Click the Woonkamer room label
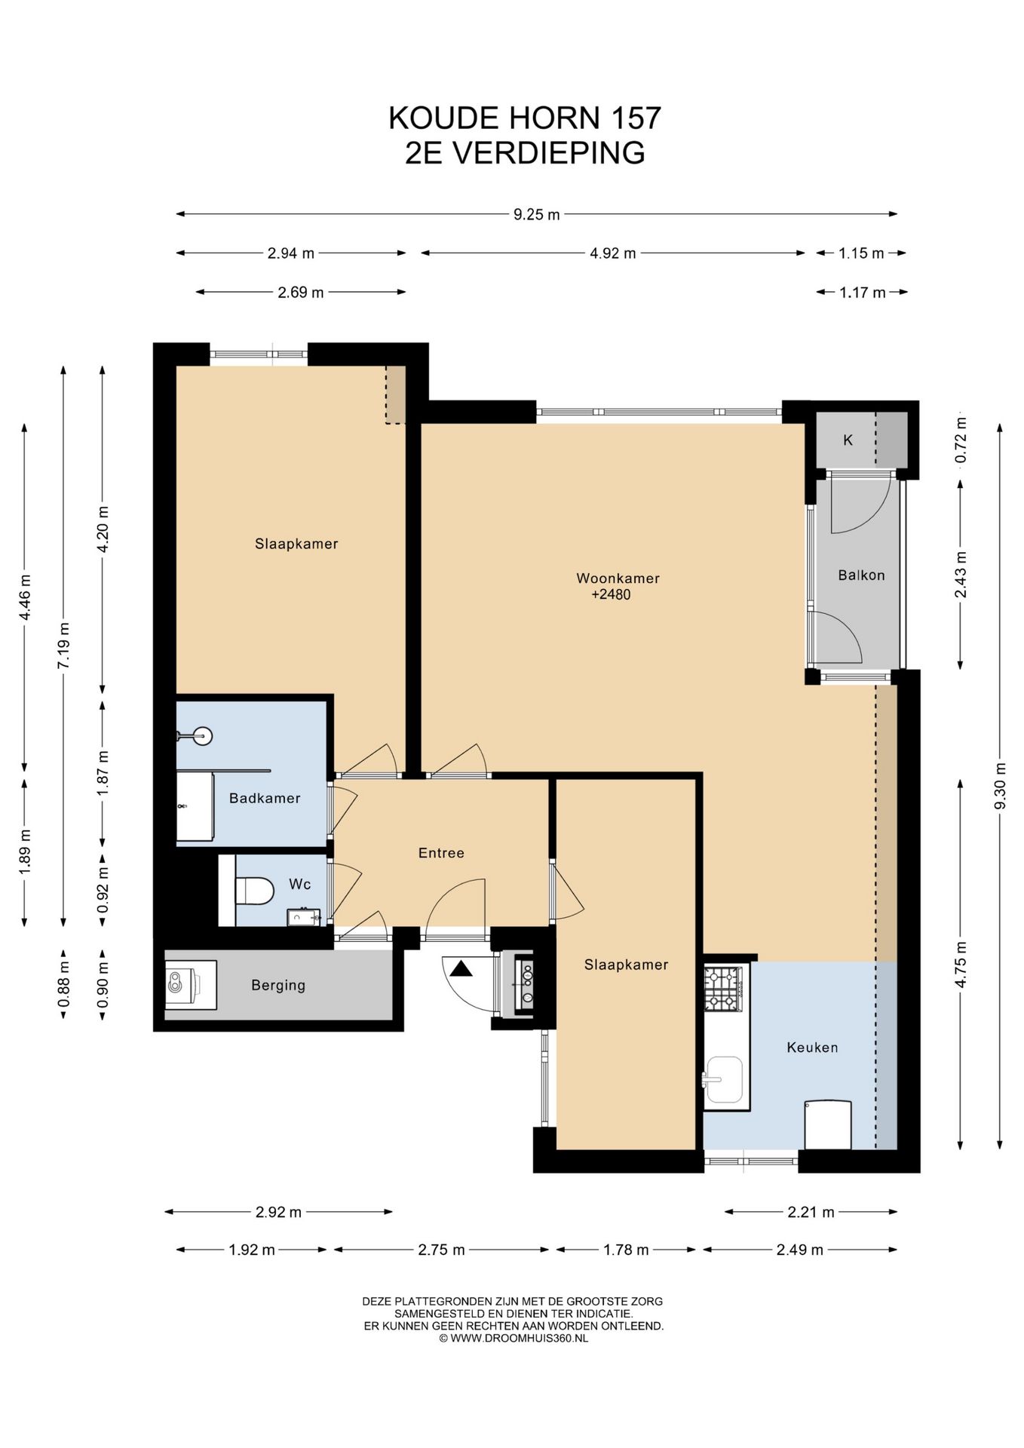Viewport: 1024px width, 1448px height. pyautogui.click(x=618, y=578)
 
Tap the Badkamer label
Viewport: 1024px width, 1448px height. pyautogui.click(x=265, y=798)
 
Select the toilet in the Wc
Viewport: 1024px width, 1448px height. pyautogui.click(x=254, y=890)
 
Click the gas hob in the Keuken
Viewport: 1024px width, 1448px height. pyautogui.click(x=723, y=989)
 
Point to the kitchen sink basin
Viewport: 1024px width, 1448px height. pyautogui.click(x=724, y=1079)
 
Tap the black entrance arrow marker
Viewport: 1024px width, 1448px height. pyautogui.click(x=461, y=968)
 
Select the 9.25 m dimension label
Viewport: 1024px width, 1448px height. pyautogui.click(x=537, y=214)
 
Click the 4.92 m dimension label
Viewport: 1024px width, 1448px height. pyautogui.click(x=612, y=253)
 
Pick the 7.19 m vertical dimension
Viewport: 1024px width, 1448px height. pyautogui.click(x=64, y=645)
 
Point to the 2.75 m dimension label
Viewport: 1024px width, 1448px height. pyautogui.click(x=441, y=1250)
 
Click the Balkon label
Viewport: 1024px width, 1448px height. pyautogui.click(x=861, y=575)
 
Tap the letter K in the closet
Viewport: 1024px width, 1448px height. pyautogui.click(x=848, y=440)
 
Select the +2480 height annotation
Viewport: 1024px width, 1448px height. pyautogui.click(x=611, y=594)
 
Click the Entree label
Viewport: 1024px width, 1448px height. pyautogui.click(x=441, y=853)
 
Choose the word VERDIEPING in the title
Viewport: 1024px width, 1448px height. pyautogui.click(x=548, y=152)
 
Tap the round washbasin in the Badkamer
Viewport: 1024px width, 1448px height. pyautogui.click(x=201, y=735)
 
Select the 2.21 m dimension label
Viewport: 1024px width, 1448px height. pyautogui.click(x=811, y=1212)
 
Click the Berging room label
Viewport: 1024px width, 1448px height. pyautogui.click(x=278, y=985)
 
